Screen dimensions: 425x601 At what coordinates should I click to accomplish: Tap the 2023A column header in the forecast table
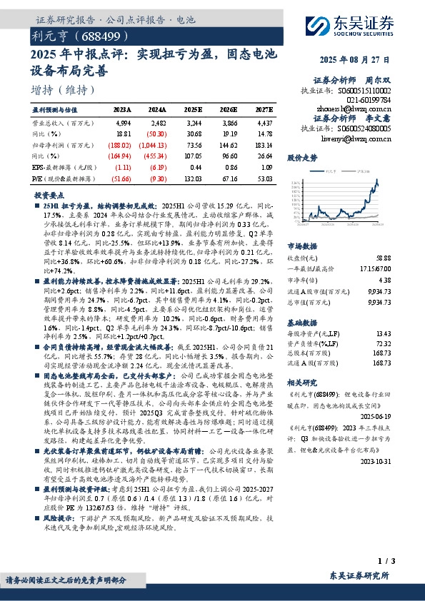(x=122, y=110)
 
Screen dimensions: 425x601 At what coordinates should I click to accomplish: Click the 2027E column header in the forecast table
(x=263, y=110)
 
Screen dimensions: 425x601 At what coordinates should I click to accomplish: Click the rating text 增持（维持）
(x=64, y=90)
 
